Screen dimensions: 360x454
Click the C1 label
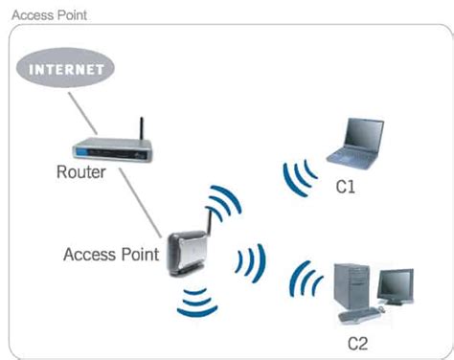click(x=346, y=186)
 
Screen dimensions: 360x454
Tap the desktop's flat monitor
click(x=395, y=283)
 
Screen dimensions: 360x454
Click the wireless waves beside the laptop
click(x=300, y=174)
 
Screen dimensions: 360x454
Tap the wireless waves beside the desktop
click(x=307, y=281)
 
